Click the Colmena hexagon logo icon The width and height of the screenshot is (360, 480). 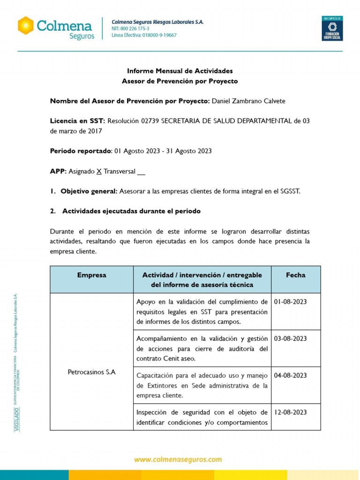point(26,25)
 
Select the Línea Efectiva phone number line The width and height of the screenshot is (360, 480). point(144,35)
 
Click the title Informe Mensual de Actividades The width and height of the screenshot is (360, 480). point(180,71)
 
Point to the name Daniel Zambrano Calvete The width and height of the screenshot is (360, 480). point(248,101)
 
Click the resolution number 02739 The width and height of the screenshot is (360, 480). point(150,121)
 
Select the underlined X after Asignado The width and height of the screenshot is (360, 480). point(99,172)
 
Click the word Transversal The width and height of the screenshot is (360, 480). point(120,172)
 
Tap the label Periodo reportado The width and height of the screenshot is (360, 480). point(81,151)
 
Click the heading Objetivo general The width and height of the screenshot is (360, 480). point(89,191)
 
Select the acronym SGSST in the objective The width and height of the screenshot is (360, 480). point(289,191)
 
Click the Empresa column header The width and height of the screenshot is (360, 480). point(91,275)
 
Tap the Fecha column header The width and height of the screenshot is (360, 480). point(295,275)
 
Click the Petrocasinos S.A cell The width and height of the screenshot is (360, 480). point(92,372)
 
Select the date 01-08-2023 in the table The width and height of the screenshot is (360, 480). point(290,302)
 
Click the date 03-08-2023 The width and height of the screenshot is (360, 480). point(290,338)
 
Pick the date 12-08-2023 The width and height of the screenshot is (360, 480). point(290,412)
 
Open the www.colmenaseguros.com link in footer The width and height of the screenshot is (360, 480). point(178,460)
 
